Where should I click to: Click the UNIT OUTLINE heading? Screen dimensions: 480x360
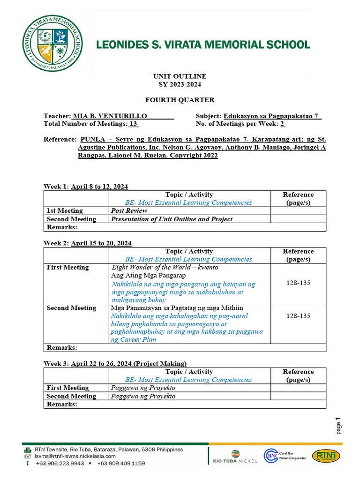click(x=180, y=76)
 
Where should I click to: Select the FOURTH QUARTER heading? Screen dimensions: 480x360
click(x=180, y=100)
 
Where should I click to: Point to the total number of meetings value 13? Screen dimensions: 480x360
click(x=133, y=124)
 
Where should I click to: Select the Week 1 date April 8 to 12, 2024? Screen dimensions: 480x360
click(x=99, y=187)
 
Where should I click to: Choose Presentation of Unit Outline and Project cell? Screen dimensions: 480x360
click(x=172, y=219)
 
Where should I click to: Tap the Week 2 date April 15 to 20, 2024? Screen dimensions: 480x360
click(x=101, y=243)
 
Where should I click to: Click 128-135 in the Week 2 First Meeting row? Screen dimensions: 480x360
click(x=298, y=283)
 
